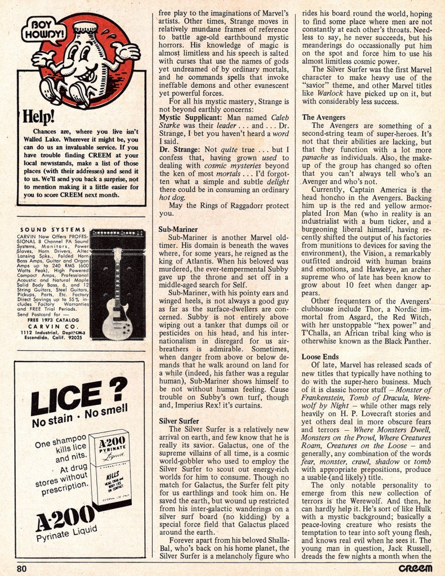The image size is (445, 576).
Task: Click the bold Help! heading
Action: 39,116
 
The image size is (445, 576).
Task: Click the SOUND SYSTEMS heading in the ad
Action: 53,229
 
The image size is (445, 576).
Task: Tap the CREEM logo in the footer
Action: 414,568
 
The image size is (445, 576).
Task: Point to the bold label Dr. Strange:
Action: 177,149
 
